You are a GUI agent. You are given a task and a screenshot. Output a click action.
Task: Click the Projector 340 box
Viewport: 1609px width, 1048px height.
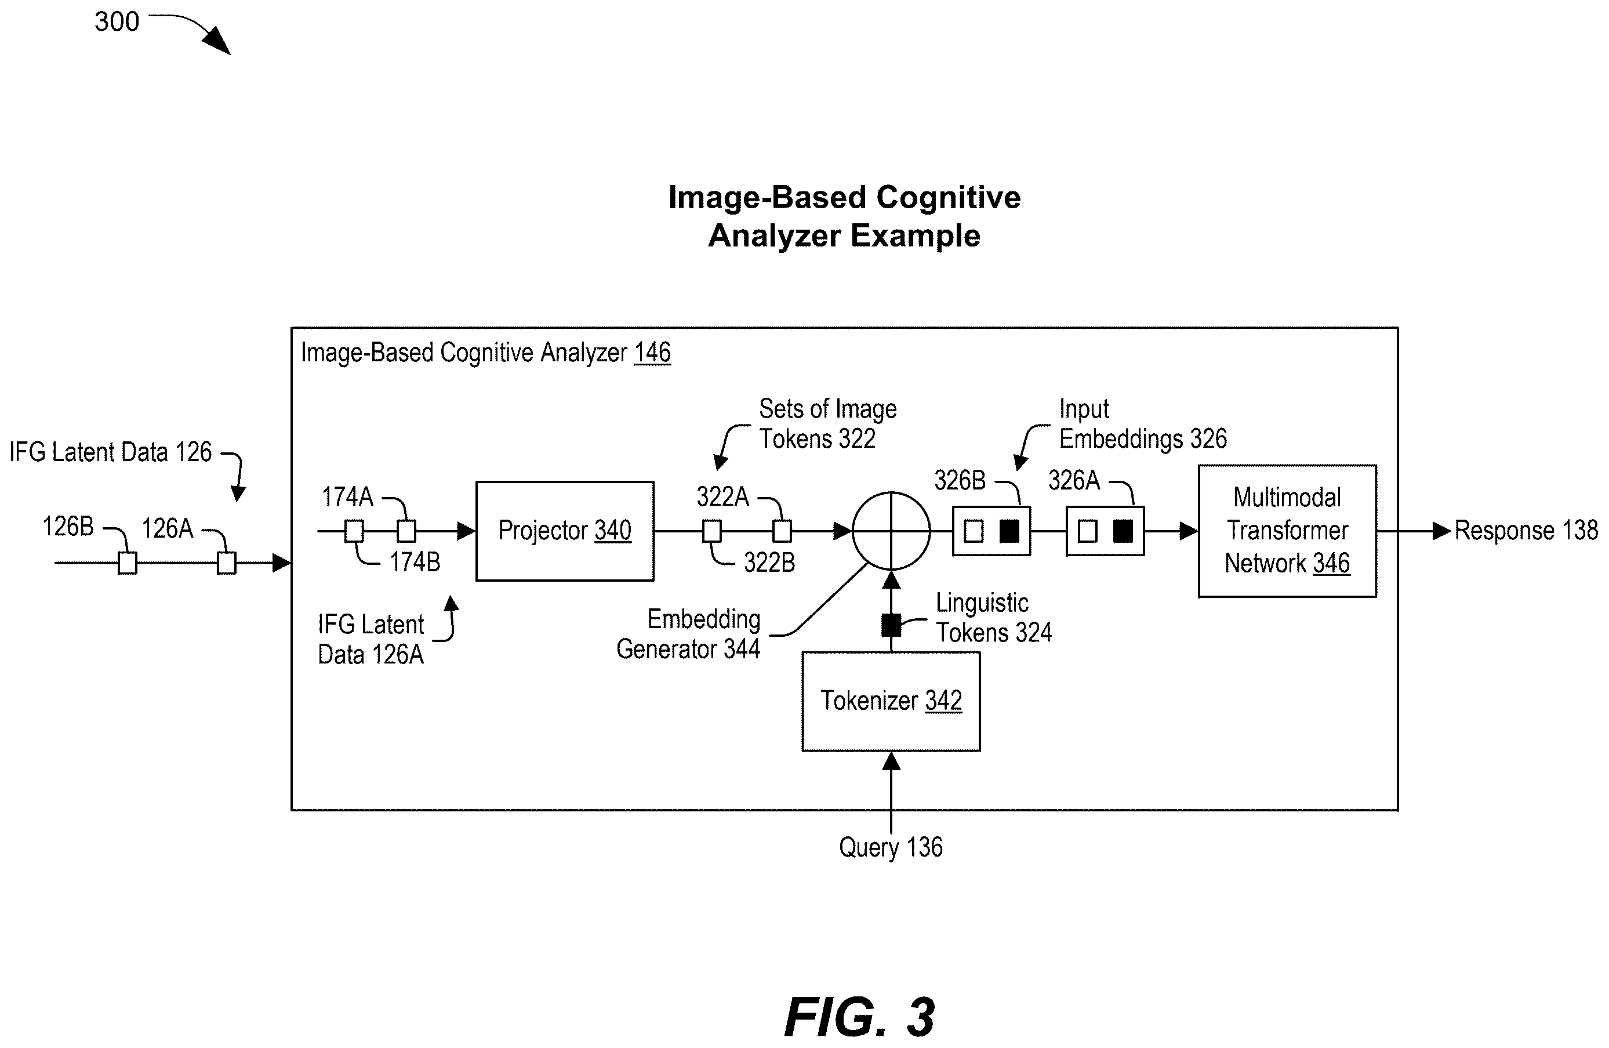tap(565, 531)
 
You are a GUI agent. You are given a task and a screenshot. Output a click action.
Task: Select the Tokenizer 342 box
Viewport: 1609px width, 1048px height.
tap(891, 701)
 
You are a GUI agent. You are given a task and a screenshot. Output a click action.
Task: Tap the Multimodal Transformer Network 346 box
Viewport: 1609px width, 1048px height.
tap(1287, 531)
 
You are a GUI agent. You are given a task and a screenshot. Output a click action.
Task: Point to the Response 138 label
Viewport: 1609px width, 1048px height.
tap(1526, 530)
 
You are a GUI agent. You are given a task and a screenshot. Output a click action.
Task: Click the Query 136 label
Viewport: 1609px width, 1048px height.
tap(891, 847)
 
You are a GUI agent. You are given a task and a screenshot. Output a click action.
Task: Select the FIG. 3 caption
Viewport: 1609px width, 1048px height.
tap(859, 1017)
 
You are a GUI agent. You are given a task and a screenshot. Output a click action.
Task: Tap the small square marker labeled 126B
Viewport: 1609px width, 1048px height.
tap(127, 563)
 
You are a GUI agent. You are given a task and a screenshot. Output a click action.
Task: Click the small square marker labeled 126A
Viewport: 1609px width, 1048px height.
tap(227, 563)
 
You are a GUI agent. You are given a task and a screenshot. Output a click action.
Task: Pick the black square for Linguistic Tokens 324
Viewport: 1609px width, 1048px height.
tap(891, 625)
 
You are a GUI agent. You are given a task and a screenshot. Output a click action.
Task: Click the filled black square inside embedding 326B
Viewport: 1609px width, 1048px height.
tap(1009, 531)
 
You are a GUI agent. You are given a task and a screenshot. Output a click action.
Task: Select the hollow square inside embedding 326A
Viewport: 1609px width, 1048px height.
tap(1087, 531)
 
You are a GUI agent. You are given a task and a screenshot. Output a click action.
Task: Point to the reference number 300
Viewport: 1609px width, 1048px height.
tap(117, 21)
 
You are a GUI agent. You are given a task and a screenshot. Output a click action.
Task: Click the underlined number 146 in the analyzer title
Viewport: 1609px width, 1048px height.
tap(652, 352)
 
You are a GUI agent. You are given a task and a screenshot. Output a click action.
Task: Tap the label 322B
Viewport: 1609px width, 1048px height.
tap(769, 563)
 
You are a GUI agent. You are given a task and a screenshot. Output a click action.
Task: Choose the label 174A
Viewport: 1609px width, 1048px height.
tap(347, 497)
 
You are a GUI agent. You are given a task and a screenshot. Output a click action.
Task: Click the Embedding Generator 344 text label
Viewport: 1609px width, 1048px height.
tap(688, 633)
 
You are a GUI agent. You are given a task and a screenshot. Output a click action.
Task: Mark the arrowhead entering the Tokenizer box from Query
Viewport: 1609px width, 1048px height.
tap(891, 761)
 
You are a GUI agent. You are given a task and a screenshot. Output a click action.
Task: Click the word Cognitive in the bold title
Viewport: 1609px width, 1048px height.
tap(949, 197)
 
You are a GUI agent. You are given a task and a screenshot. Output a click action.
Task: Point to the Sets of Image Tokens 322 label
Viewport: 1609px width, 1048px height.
tap(827, 424)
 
